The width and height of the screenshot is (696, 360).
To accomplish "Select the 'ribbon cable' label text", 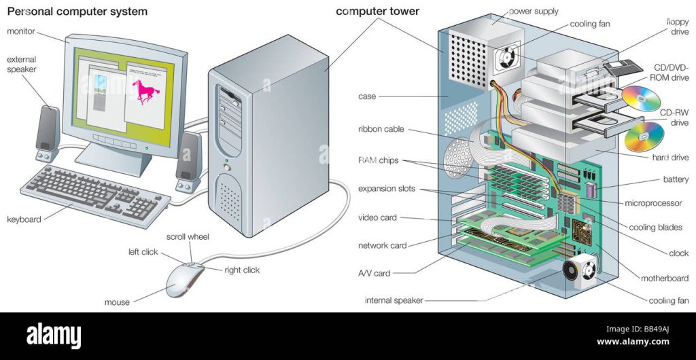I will click(383, 129).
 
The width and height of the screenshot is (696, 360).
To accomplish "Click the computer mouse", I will click(184, 278).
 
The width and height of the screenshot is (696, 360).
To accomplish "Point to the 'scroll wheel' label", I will click(188, 237).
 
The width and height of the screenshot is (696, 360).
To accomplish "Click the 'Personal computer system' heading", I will click(77, 12).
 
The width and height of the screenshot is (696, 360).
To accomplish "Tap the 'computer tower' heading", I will click(378, 12).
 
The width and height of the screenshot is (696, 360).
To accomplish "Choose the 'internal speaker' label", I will click(394, 300).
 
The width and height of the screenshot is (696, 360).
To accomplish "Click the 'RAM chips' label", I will click(379, 161).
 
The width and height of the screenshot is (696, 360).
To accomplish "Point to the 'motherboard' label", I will click(665, 278).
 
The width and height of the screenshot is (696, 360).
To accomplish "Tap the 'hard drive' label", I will click(669, 158).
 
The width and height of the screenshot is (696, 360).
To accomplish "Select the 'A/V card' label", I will click(374, 273).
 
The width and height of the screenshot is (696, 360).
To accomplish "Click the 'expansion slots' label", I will click(386, 189).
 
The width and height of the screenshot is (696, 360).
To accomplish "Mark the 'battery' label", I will click(675, 180).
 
